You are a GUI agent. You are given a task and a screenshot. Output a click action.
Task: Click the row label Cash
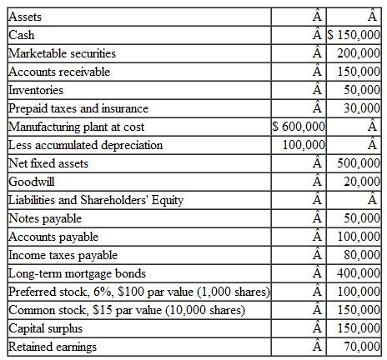[x=20, y=35]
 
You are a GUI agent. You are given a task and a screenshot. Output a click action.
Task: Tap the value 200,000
[x=359, y=53]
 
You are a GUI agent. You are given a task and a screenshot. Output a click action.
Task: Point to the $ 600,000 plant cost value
[x=299, y=127]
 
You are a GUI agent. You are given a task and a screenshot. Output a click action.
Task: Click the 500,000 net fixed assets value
[x=359, y=163]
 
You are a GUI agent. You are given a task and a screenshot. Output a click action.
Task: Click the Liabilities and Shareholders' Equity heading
[x=96, y=200]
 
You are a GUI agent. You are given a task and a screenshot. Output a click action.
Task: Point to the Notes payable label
[x=44, y=218]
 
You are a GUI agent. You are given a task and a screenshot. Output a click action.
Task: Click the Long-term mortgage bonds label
[x=77, y=273]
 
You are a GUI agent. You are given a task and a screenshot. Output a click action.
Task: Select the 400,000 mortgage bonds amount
[x=359, y=273]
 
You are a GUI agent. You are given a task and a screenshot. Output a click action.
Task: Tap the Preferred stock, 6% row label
[x=138, y=292]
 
